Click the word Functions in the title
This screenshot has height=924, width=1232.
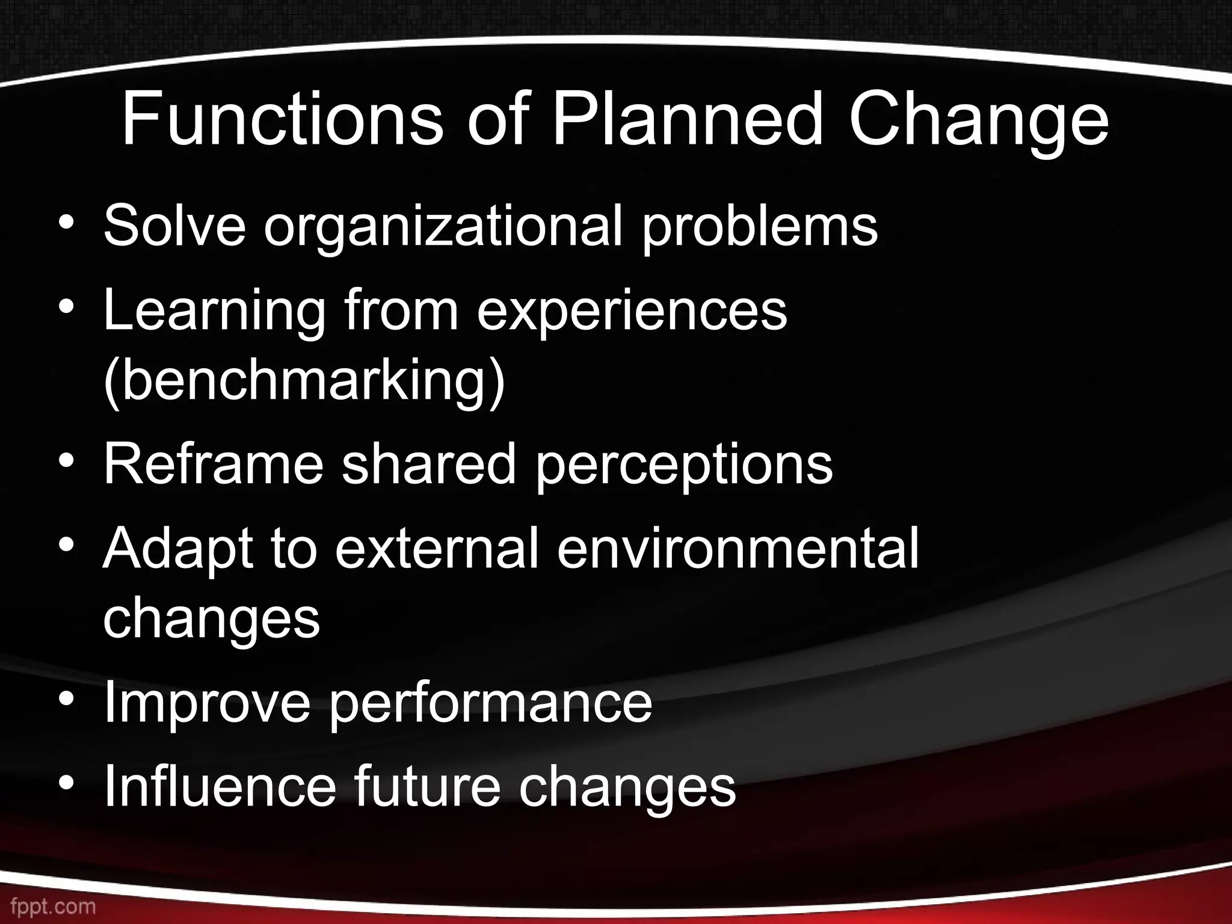coord(282,120)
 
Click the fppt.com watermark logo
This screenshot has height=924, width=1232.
coord(48,906)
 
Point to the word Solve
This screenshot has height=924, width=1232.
coord(174,226)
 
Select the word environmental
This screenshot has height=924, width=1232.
coord(738,549)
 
